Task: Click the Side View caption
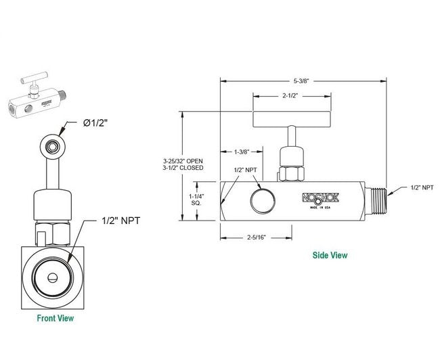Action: click(329, 255)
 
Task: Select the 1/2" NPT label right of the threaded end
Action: click(422, 187)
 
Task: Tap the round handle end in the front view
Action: click(50, 145)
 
